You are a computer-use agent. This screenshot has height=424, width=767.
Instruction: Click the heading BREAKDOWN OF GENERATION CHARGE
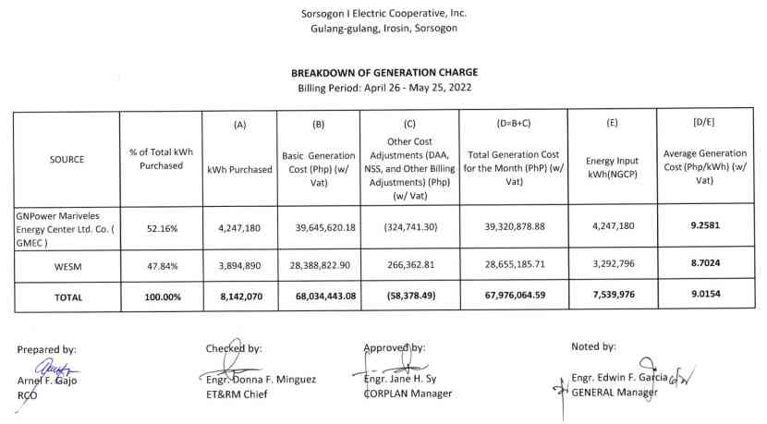[384, 72]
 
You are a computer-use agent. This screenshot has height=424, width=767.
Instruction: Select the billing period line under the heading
[383, 87]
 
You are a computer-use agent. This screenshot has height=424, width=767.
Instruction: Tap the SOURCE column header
[67, 159]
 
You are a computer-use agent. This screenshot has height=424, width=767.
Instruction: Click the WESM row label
[67, 264]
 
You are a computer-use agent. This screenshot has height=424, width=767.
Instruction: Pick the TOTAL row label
[67, 297]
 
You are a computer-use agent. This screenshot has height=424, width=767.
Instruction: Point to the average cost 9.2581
[705, 224]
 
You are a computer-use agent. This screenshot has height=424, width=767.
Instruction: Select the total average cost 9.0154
[705, 297]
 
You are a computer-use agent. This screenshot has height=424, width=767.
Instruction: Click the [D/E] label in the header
[705, 123]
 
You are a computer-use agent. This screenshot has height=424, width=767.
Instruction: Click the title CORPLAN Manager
[408, 394]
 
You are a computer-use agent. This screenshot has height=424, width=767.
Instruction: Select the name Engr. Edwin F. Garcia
[617, 378]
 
